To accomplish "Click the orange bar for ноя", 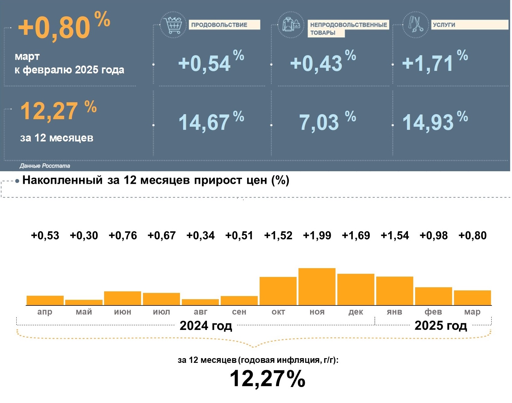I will (x=317, y=287).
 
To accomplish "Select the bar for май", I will (x=84, y=302).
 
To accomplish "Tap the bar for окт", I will (x=278, y=291).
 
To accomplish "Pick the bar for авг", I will (x=200, y=302).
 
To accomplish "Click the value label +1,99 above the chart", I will (x=317, y=236).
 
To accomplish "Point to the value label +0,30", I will (x=84, y=236).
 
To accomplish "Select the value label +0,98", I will (x=433, y=236).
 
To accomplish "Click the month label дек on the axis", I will (x=356, y=312).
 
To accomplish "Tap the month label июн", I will (x=123, y=312).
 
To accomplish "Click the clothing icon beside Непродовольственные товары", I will (x=291, y=25).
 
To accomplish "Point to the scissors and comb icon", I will (x=415, y=25).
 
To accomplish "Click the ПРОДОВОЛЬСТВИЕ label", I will (x=224, y=25).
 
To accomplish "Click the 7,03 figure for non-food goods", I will (x=319, y=122).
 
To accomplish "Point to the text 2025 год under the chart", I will (x=441, y=326).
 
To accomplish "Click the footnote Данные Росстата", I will (x=45, y=166).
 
